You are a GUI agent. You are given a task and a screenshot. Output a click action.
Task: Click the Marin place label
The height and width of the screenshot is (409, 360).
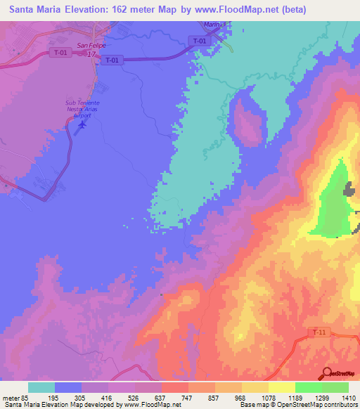pos(212,25)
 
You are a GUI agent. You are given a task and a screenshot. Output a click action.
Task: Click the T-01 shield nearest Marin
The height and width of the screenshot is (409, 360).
pos(200,41)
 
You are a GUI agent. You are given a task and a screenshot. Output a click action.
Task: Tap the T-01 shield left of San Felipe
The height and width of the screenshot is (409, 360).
pos(60,52)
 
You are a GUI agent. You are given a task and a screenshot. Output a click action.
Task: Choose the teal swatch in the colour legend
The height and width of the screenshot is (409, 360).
pos(41,387)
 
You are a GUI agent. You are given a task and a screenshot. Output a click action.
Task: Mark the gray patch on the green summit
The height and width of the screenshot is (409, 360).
pos(349,189)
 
